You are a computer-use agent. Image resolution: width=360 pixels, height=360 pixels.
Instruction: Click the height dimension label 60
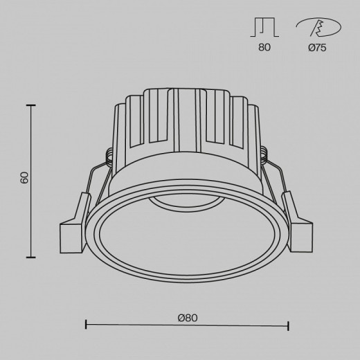coord(24,178)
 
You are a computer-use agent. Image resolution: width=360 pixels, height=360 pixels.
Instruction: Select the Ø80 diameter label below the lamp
coord(187,318)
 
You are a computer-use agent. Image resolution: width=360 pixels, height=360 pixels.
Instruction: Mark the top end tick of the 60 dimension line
coord(30,105)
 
